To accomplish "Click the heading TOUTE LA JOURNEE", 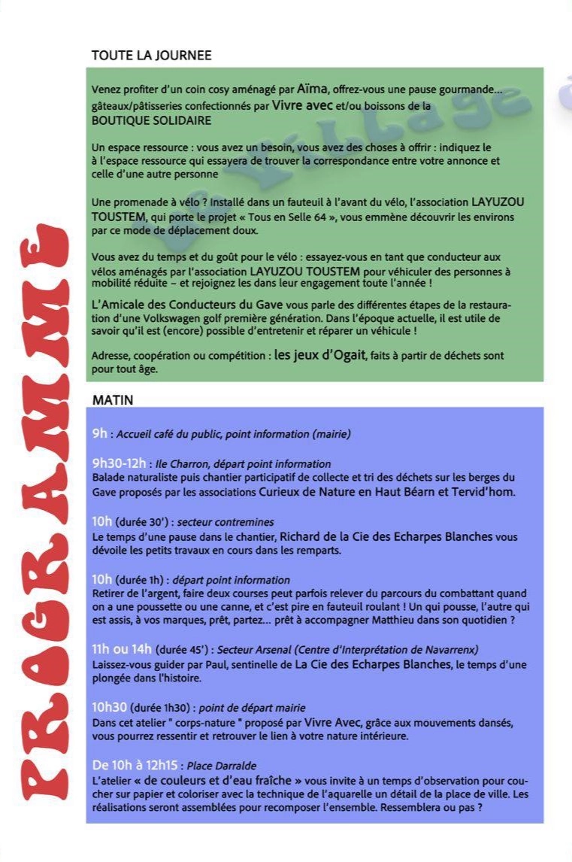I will pyautogui.click(x=151, y=56).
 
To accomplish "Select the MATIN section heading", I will pyautogui.click(x=112, y=400).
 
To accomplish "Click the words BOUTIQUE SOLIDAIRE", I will pyautogui.click(x=151, y=120).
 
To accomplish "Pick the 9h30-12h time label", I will pyautogui.click(x=119, y=463).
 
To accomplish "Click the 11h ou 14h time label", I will pyautogui.click(x=122, y=648).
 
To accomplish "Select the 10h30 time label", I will pyautogui.click(x=110, y=707).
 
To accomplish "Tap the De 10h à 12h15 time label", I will pyautogui.click(x=135, y=766).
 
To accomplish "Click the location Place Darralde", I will pyautogui.click(x=222, y=766).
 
